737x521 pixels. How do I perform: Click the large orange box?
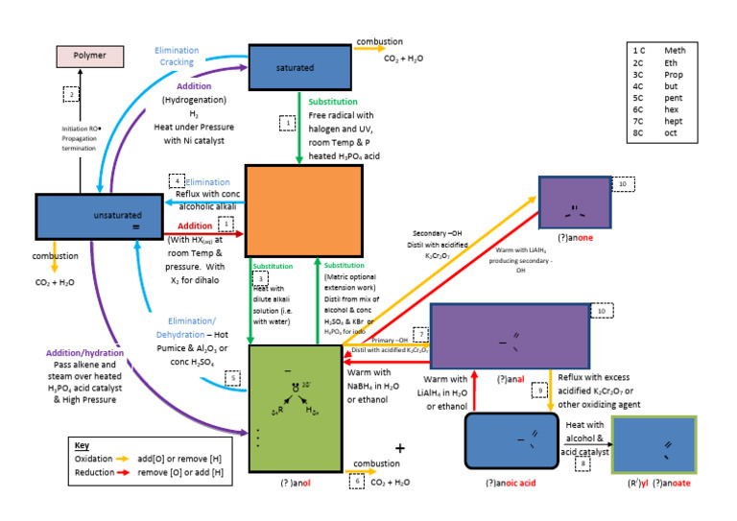tap(303, 210)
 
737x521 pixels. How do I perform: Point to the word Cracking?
tap(177, 62)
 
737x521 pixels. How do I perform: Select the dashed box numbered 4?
tap(177, 180)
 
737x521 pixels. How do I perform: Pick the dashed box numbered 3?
tap(260, 278)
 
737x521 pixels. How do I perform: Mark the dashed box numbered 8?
tap(583, 464)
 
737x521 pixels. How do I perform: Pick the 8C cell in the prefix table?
tap(640, 133)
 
